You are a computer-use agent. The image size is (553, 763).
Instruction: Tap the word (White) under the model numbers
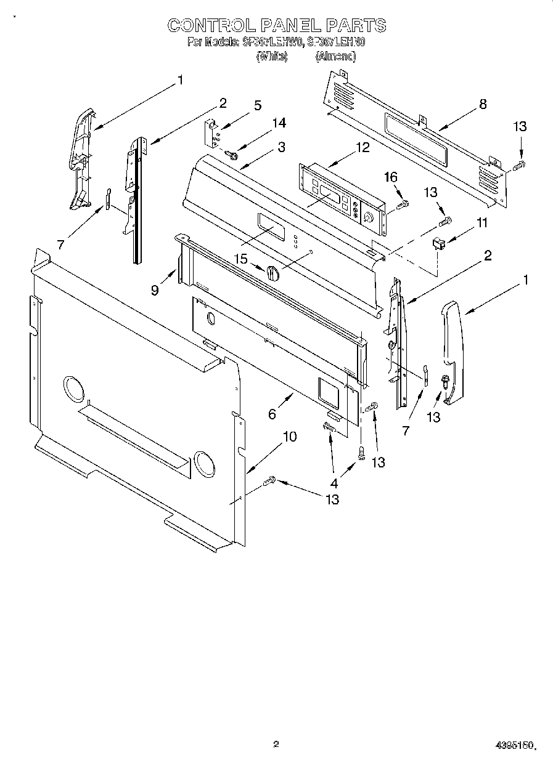[271, 56]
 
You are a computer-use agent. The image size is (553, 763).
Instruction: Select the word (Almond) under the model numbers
[335, 56]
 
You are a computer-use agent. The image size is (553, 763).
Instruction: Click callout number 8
[483, 104]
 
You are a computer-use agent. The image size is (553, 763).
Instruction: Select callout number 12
[363, 147]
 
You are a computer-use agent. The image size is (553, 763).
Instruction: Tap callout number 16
[391, 177]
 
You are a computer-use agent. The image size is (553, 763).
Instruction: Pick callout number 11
[481, 223]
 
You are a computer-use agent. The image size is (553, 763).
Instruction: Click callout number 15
[240, 259]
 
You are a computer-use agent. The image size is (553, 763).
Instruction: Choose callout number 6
[272, 414]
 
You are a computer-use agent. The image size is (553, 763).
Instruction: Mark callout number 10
[289, 437]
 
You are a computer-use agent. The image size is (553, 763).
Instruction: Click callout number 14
[279, 123]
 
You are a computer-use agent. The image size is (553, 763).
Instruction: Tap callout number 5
[257, 105]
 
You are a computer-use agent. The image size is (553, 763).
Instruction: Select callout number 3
[281, 147]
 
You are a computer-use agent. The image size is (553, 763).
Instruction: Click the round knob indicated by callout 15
[274, 273]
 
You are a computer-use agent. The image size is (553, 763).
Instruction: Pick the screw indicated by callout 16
[404, 203]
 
